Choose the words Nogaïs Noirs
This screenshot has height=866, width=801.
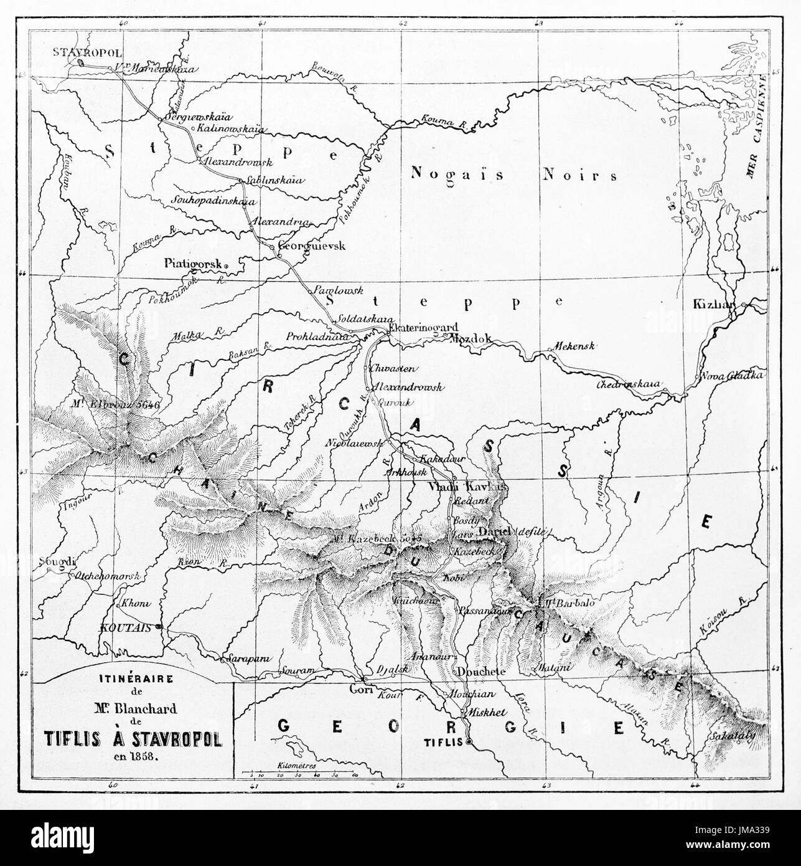click(x=513, y=175)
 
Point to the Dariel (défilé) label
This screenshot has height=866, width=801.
click(x=512, y=531)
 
